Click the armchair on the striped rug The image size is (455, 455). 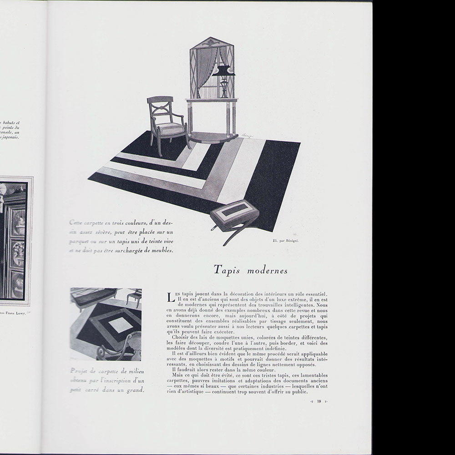tap(167, 124)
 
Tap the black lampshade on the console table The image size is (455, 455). tap(224, 71)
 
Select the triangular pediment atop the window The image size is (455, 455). tap(212, 42)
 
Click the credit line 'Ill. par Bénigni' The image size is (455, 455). tap(286, 240)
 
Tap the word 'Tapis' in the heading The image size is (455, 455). tap(226, 270)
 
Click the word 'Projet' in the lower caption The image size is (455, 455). tap(80, 370)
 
